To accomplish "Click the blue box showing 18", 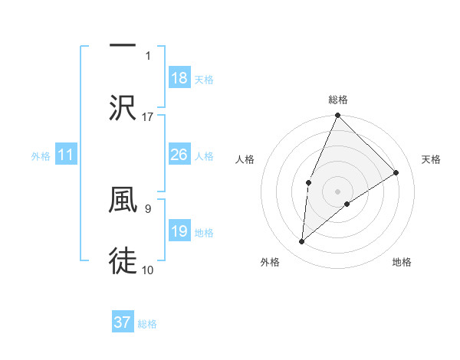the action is (x=179, y=78).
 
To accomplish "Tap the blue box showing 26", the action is (x=179, y=155).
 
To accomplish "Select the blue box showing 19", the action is (x=179, y=231).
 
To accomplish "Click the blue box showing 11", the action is (x=66, y=155).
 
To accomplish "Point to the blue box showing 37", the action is (x=123, y=322).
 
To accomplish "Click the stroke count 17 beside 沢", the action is (x=148, y=117).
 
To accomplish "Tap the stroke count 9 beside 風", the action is (x=148, y=207).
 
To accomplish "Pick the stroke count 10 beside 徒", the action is (x=148, y=270).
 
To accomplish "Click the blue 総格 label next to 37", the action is (x=148, y=324).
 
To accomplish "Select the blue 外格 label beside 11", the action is (x=41, y=156).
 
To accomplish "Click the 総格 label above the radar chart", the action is (x=338, y=100).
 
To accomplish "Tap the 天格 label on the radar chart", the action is (x=431, y=159).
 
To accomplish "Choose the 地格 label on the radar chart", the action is (x=402, y=262).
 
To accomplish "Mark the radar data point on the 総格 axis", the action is (x=337, y=116).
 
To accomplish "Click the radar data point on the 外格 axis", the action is (x=302, y=242).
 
